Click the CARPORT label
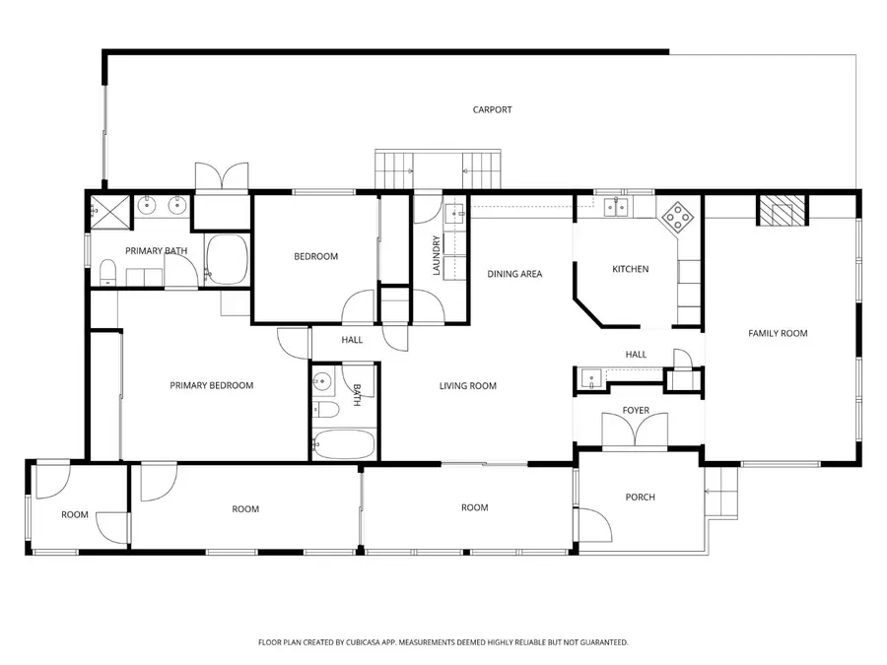click(492, 110)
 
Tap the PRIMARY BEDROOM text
click(211, 385)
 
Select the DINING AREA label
click(514, 274)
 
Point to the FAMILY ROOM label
click(778, 333)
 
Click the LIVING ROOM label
click(467, 386)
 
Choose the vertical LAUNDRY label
click(436, 254)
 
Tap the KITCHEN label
click(631, 269)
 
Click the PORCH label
click(640, 497)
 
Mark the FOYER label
click(635, 410)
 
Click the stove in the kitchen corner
click(676, 215)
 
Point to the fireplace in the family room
click(781, 210)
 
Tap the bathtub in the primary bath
click(229, 260)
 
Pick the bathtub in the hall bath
click(343, 443)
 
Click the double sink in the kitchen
click(616, 206)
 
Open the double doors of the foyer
click(635, 431)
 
